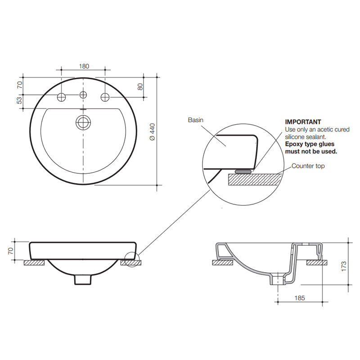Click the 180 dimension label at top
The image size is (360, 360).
pos(84,66)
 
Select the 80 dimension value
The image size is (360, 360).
pos(140,86)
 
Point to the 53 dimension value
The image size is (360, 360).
pos(19,101)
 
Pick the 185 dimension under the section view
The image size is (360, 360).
pos(301,297)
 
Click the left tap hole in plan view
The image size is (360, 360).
pos(62,97)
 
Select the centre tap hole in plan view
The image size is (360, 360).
pos(83,95)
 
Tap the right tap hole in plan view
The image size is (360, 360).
pos(105,97)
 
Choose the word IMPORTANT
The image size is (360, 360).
pos(303,122)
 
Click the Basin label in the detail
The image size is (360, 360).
pos(196,120)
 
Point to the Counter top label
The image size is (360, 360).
pos(308,166)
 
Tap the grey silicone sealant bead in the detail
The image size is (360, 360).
pos(243,171)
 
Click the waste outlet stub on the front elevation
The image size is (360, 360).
pos(82,279)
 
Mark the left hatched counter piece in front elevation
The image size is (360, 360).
pos(34,262)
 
